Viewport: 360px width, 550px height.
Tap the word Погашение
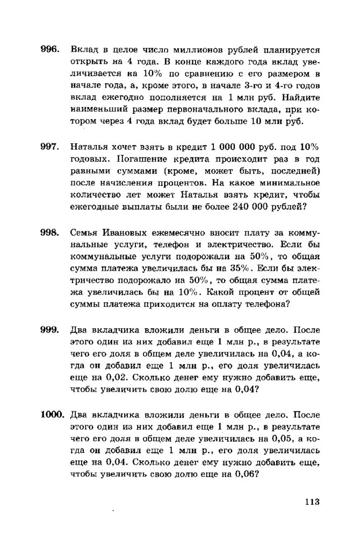pos(97,159)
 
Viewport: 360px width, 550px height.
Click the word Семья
pos(85,233)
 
